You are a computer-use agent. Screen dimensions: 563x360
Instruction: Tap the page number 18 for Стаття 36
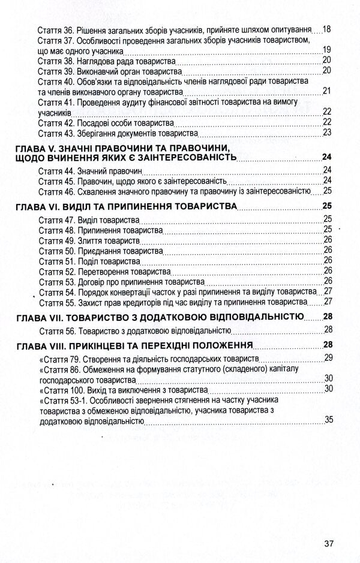[327, 29]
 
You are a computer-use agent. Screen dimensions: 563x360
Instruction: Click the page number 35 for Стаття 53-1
[328, 420]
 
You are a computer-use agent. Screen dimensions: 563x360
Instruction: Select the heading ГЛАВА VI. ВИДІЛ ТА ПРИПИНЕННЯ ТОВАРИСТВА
[124, 206]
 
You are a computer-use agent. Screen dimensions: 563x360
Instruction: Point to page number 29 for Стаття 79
[328, 358]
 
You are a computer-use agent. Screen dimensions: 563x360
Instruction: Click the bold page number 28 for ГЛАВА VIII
[327, 344]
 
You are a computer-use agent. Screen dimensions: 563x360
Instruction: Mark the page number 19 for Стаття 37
[327, 49]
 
